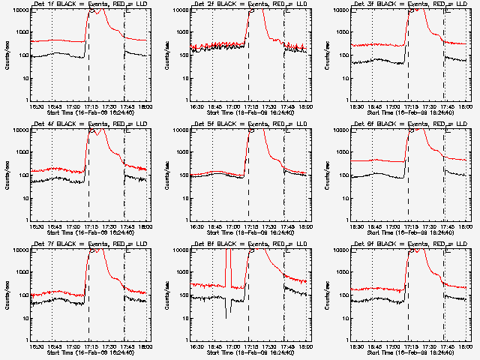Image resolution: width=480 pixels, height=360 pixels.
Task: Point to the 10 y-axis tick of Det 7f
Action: point(28,318)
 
